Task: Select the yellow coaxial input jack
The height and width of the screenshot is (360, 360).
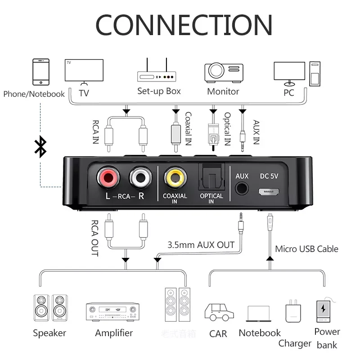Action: pos(175,178)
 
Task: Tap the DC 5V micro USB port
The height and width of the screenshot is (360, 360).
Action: pos(269,191)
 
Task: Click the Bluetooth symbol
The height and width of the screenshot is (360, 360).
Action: pos(40,147)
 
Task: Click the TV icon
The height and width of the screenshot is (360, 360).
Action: pos(84,72)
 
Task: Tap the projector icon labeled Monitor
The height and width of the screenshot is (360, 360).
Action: pos(224,72)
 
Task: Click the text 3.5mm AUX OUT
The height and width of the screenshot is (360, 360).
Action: pos(201,245)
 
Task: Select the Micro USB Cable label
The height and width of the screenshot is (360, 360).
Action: pos(306,249)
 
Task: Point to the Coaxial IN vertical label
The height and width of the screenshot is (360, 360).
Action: pos(188,128)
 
